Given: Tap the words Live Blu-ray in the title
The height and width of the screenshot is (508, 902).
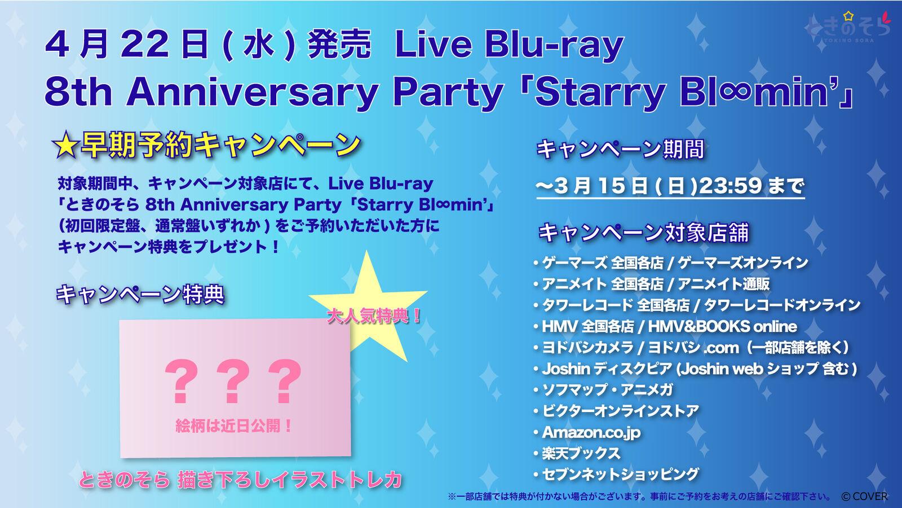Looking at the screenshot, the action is (x=510, y=45).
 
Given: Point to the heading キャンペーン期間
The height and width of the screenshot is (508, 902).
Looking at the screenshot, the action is (x=621, y=150).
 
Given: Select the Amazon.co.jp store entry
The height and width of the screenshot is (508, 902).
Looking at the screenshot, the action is (x=591, y=432).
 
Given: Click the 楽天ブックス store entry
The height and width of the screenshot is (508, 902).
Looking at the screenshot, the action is (x=581, y=454).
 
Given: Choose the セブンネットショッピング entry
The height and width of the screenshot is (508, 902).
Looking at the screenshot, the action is (x=621, y=475).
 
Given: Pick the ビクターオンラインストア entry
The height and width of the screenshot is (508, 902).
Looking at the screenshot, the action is (x=621, y=411).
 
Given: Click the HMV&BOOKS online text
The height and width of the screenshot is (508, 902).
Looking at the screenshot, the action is (x=722, y=327).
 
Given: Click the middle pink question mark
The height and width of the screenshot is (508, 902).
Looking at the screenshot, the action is (x=233, y=381).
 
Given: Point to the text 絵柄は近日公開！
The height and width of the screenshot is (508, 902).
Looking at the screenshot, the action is (x=234, y=426).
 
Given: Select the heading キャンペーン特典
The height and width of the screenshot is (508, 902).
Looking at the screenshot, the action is (x=140, y=294).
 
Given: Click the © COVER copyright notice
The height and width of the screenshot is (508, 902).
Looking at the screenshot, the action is (x=864, y=496).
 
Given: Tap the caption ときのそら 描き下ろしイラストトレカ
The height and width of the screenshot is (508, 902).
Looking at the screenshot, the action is (x=240, y=479).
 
